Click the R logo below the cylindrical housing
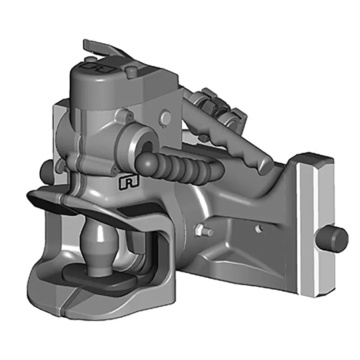128,182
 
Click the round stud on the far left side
46,170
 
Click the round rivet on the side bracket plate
166,118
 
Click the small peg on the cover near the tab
130,70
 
